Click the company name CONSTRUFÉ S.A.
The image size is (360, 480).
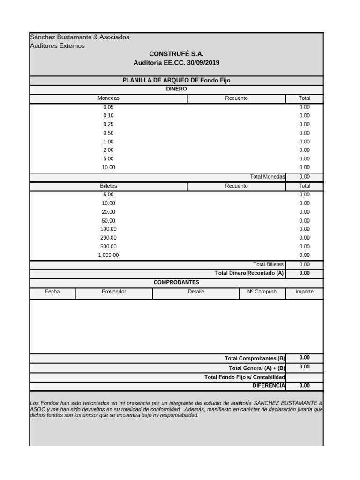point(176,54)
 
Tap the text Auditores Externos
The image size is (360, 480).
point(57,46)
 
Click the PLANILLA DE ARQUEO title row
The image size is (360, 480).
point(176,81)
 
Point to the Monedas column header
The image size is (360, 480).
point(108,98)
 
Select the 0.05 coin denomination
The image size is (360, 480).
point(108,107)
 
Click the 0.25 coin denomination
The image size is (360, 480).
point(108,124)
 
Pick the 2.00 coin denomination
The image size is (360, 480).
point(108,150)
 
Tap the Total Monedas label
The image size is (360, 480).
point(267,177)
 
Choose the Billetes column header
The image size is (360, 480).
point(108,186)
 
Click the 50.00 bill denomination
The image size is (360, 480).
point(108,220)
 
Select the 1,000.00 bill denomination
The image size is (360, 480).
point(108,255)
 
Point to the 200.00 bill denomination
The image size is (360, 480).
point(108,238)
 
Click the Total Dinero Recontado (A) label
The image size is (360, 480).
point(249,273)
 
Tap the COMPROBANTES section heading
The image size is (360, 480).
point(176,282)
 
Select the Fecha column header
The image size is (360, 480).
point(52,292)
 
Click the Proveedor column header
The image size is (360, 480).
point(114,292)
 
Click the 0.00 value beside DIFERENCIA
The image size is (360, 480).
point(304,386)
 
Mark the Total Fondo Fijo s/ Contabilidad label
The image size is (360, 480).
point(245,377)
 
